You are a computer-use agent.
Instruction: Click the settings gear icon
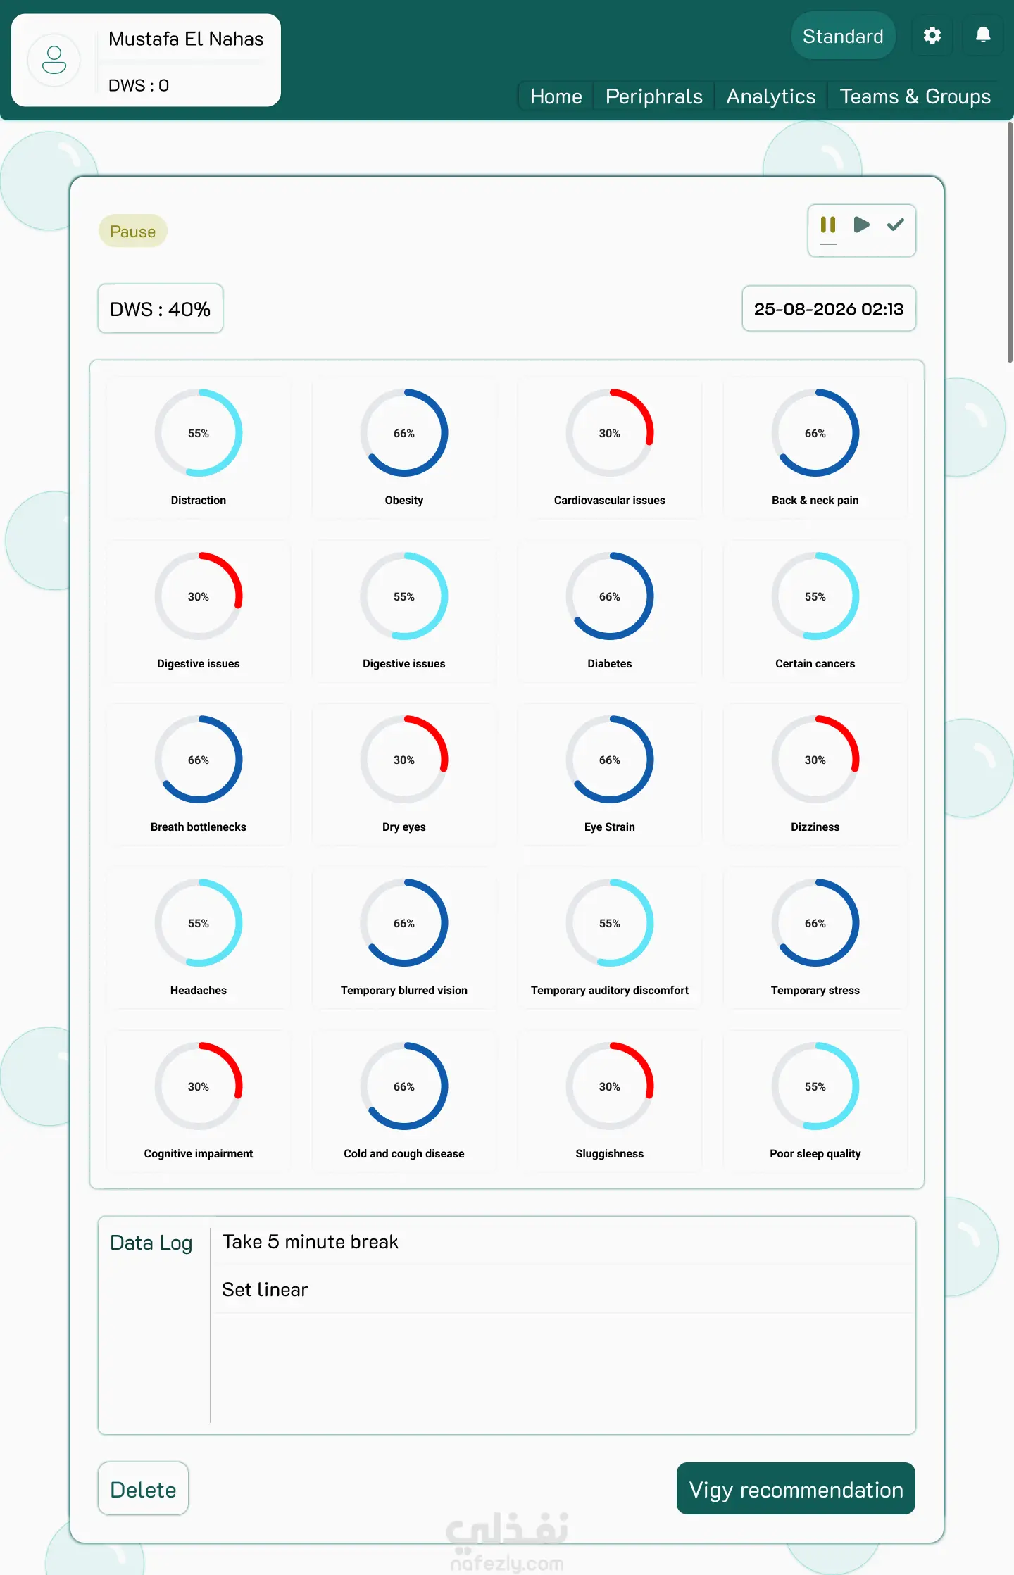[932, 35]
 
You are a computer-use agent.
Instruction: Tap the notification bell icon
[983, 34]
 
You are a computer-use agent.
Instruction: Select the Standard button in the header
[843, 36]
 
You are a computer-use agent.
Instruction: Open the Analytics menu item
[771, 96]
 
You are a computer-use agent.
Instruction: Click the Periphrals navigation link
[654, 96]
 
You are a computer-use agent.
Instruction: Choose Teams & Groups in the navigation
[915, 96]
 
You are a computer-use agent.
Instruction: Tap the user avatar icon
[54, 60]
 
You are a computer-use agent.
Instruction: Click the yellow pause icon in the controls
[828, 225]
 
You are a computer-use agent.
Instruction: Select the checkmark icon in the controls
[896, 225]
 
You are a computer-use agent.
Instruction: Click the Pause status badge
[132, 232]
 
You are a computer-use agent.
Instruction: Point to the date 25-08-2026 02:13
[829, 309]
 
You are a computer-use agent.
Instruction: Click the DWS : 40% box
[161, 309]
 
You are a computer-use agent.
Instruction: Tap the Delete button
[144, 1489]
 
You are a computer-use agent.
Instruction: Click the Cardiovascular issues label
[610, 501]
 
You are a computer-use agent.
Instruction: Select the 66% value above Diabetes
[610, 597]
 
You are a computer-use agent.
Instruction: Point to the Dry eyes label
[404, 827]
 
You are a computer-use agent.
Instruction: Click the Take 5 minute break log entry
[311, 1242]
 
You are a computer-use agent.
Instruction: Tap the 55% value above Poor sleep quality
[815, 1087]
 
